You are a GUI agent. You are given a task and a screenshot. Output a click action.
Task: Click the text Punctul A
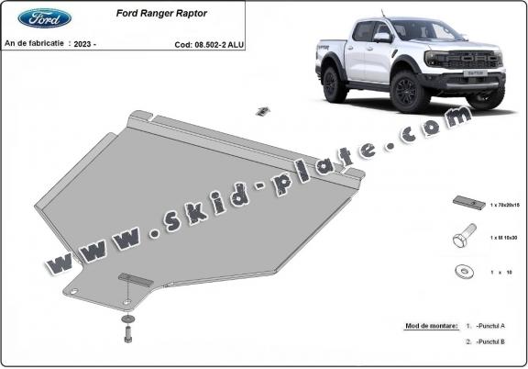[x=500, y=326]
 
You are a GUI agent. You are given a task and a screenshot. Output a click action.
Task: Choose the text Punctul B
[x=500, y=341]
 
